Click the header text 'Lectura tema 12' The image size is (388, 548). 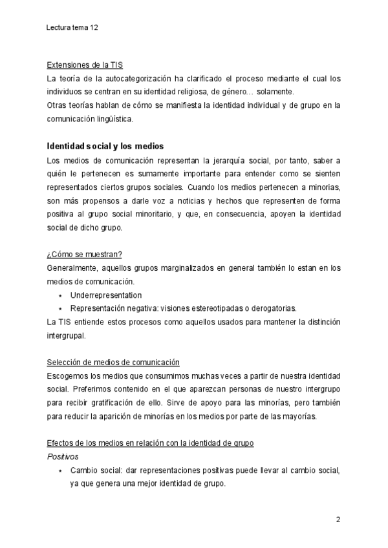coord(73,28)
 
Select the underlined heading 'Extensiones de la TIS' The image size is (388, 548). coord(85,65)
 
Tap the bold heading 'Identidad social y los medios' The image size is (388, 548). coord(103,146)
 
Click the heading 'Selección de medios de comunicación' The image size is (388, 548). coord(113,362)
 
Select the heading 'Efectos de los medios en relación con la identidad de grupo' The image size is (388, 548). coord(151,443)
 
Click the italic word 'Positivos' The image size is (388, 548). coord(63,456)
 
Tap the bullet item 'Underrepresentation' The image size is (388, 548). coord(105,295)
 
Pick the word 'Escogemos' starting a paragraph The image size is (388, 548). coord(68,375)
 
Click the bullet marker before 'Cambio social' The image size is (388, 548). coord(60,470)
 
